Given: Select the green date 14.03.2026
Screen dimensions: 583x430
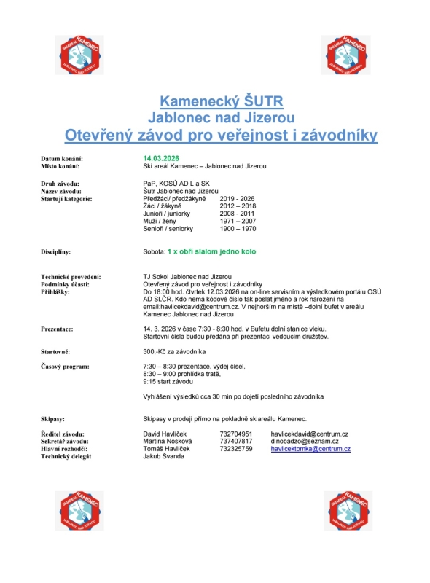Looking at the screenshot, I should point(161,157).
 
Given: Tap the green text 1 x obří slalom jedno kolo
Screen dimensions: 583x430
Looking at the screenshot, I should point(211,251).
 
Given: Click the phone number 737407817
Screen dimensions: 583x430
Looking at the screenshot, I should point(236,442).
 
